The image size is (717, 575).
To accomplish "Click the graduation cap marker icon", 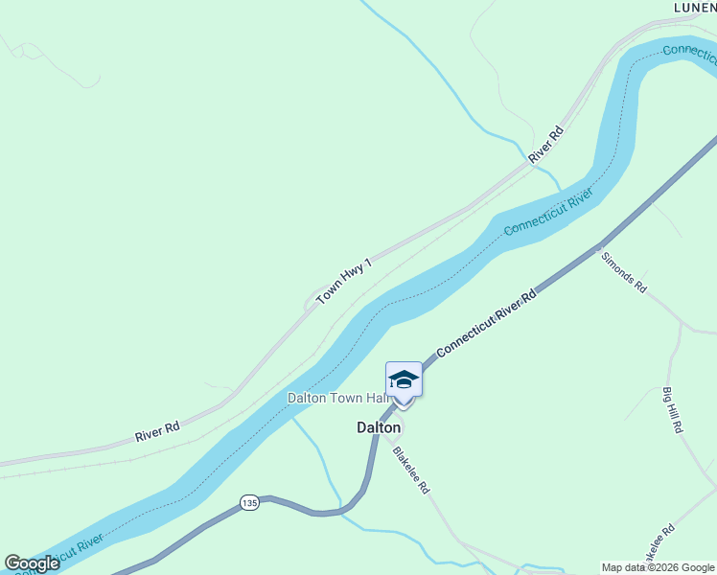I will click(404, 379).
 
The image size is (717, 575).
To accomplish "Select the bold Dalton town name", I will click(378, 428).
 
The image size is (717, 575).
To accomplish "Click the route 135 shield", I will click(249, 503).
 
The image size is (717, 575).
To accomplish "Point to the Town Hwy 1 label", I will click(343, 280).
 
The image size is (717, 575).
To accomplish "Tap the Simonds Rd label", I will click(623, 272).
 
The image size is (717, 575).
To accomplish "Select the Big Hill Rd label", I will click(671, 410).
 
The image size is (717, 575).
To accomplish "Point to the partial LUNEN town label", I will click(694, 7).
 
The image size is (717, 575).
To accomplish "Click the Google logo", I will click(32, 563).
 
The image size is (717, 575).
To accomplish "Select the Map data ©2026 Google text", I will click(659, 567).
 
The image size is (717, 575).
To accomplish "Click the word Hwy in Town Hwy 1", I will click(345, 279).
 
